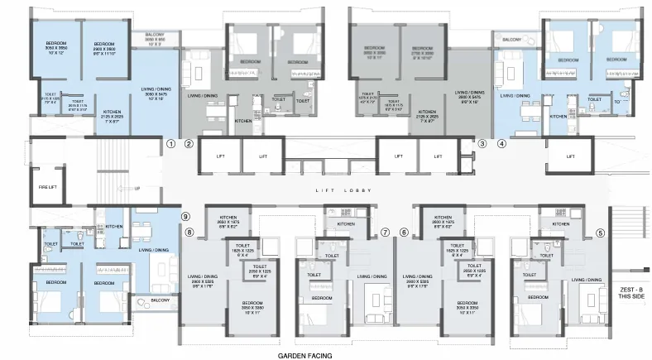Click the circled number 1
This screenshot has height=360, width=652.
170,143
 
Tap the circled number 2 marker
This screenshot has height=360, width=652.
189,143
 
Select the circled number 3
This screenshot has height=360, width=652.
482,143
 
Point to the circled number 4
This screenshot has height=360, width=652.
501,143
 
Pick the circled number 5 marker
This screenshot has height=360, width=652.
600,233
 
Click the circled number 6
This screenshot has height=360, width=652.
404,233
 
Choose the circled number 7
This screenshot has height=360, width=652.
385,233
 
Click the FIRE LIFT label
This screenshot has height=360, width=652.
46,187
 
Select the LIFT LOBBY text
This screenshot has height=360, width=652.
334,191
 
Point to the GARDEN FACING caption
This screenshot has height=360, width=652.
304,355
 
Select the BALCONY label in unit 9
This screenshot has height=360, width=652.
160,300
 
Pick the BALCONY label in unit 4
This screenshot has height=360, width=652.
511,39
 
